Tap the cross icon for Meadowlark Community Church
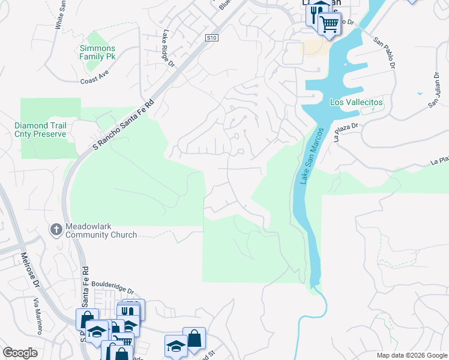[56, 229]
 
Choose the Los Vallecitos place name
[356, 103]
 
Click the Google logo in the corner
[20, 352]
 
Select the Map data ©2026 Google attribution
[411, 355]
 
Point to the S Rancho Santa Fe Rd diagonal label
[124, 126]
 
